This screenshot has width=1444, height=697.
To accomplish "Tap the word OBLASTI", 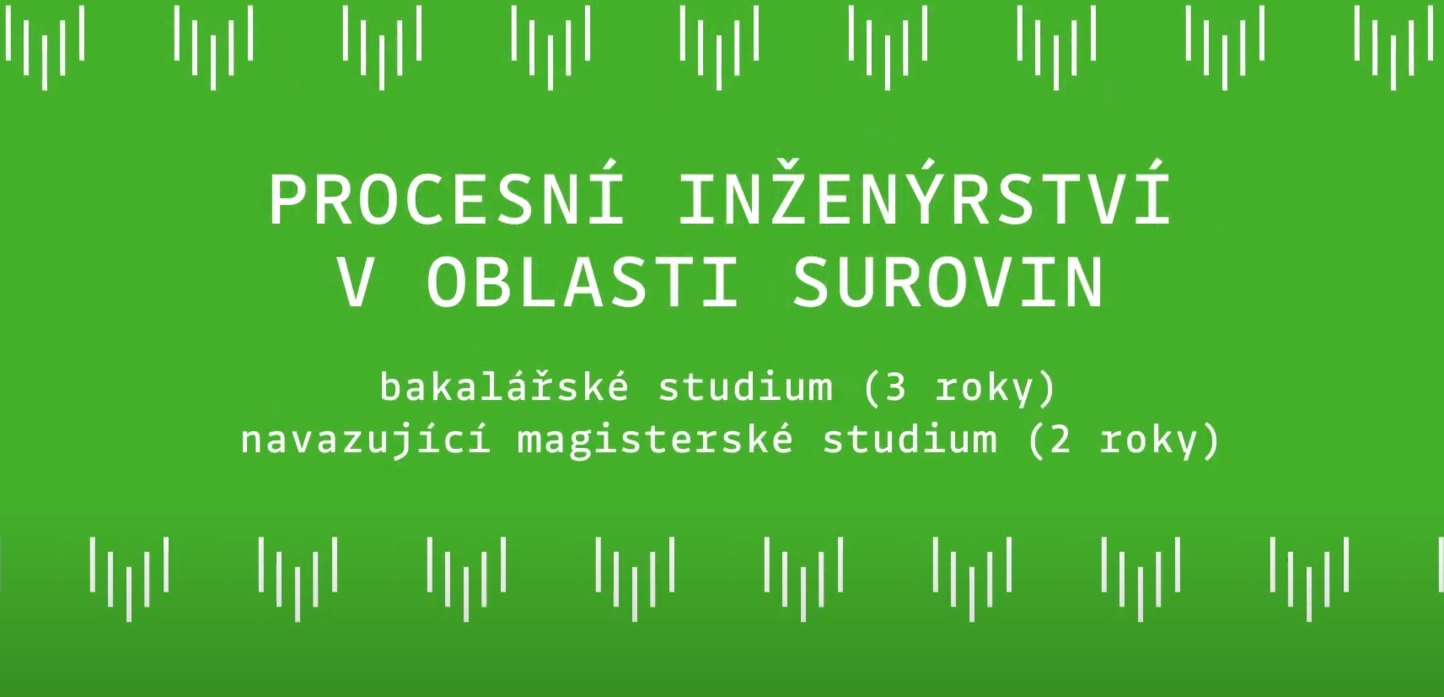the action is pyautogui.click(x=582, y=283).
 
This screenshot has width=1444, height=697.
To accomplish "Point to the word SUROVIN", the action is pyautogui.click(x=948, y=283).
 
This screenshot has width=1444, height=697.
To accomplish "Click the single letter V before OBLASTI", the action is pyautogui.click(x=356, y=283).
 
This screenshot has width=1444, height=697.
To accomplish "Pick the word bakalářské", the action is pyautogui.click(x=503, y=386).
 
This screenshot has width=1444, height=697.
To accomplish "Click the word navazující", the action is pyautogui.click(x=366, y=440).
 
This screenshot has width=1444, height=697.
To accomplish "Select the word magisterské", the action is pyautogui.click(x=655, y=440).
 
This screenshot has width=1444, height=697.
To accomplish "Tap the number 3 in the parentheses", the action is pyautogui.click(x=895, y=387).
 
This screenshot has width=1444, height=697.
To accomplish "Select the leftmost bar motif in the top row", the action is pyautogui.click(x=45, y=48).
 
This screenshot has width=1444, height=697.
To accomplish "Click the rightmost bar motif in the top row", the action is pyautogui.click(x=1393, y=48).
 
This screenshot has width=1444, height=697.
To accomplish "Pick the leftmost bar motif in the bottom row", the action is pyautogui.click(x=129, y=579).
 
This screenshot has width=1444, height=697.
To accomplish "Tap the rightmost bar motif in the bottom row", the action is pyautogui.click(x=1309, y=579).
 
